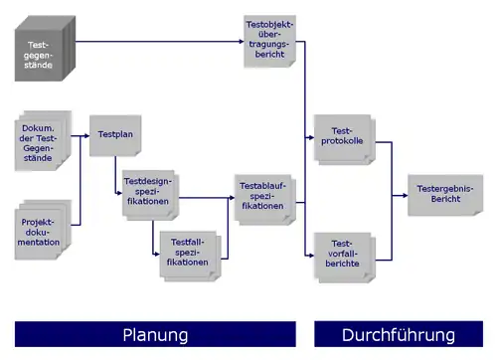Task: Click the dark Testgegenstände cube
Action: click(x=45, y=49)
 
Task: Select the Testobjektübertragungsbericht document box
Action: click(x=269, y=41)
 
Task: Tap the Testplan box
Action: click(x=115, y=135)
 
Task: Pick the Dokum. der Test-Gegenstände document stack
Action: click(x=43, y=141)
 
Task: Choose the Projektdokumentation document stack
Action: click(x=43, y=230)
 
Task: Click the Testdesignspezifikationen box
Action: click(x=151, y=195)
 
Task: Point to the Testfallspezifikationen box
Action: click(x=191, y=257)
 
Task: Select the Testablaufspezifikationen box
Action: click(x=265, y=200)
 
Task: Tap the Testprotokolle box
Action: click(x=345, y=139)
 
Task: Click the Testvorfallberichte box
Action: click(x=345, y=258)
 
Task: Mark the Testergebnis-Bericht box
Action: click(x=445, y=195)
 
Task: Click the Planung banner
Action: click(x=155, y=334)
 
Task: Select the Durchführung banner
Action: click(x=399, y=334)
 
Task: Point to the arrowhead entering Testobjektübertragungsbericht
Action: click(x=242, y=42)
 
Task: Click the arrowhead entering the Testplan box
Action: click(x=87, y=135)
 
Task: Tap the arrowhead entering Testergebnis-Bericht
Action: click(x=406, y=196)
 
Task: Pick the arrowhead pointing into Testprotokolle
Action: click(x=311, y=137)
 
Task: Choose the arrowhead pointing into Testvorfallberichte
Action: click(x=311, y=256)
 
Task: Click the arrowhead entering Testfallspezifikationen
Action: click(x=157, y=255)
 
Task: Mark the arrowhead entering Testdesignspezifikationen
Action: click(x=120, y=193)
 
